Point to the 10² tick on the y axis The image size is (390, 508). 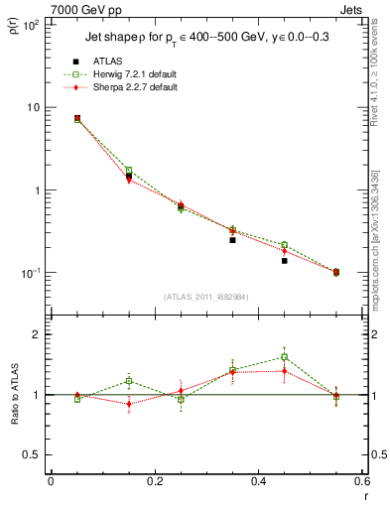(33, 25)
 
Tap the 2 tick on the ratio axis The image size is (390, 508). (38, 334)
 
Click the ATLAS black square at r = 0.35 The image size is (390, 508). (232, 240)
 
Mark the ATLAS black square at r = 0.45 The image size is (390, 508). (284, 260)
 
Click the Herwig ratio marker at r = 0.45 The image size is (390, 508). (284, 357)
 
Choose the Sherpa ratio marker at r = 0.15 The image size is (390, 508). (129, 404)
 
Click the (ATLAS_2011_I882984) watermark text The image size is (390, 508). (205, 297)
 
